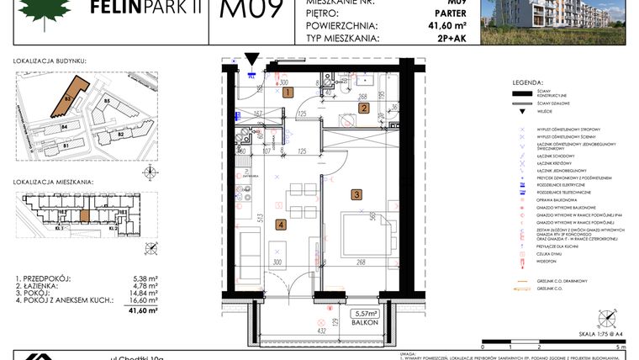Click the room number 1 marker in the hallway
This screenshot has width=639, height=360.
click(x=287, y=93)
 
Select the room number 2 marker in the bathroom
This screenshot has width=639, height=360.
click(x=363, y=107)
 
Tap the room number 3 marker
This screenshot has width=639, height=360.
click(x=356, y=194)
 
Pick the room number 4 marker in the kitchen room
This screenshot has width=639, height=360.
click(x=281, y=224)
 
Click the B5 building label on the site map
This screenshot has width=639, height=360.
click(x=107, y=102)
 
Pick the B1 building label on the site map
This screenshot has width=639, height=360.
click(x=65, y=145)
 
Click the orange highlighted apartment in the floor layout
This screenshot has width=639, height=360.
click(x=84, y=211)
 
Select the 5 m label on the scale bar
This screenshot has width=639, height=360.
click(x=620, y=346)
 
